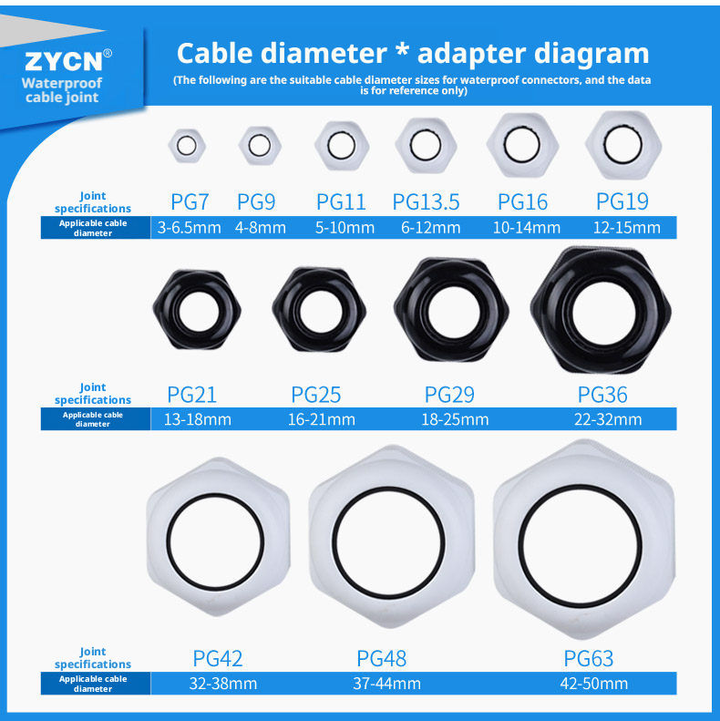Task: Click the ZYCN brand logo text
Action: tap(63, 61)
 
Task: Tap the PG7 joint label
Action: tap(190, 201)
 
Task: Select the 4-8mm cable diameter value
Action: tap(261, 228)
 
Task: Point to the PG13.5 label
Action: tap(426, 201)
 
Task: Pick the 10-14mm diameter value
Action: tap(527, 228)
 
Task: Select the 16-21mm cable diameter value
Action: tap(322, 419)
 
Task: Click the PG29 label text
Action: tap(449, 395)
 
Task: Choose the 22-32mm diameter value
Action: tap(608, 419)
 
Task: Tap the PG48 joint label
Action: tap(382, 658)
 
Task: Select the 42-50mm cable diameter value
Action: tap(594, 684)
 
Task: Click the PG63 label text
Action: tap(589, 658)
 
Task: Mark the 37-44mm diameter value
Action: tap(386, 684)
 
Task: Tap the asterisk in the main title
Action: tap(402, 49)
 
